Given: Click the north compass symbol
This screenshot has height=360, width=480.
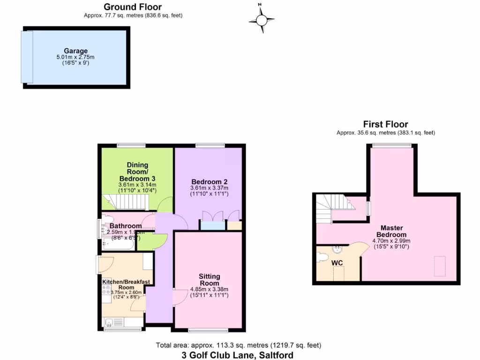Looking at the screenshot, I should tap(262, 19).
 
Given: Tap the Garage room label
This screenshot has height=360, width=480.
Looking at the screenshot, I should tap(76, 51).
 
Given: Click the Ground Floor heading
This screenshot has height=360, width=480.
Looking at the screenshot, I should tap(133, 7).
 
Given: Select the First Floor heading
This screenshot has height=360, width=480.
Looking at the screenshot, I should tap(386, 124).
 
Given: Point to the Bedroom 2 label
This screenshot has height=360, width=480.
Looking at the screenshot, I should tap(209, 182).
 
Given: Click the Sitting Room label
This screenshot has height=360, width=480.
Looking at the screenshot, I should tap(209, 280).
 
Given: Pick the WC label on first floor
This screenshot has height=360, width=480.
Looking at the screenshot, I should tap(338, 263).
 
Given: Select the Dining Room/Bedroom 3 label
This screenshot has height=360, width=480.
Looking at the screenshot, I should tap(137, 172).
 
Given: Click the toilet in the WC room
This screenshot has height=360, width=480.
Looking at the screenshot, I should tap(322, 257).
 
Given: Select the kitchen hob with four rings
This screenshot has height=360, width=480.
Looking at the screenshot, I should tap(105, 292).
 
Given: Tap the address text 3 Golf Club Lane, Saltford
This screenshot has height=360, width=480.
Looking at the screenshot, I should tap(238, 355).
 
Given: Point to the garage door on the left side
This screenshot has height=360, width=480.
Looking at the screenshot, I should tap(27, 56).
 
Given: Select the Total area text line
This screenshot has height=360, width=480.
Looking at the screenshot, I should tap(238, 345).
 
